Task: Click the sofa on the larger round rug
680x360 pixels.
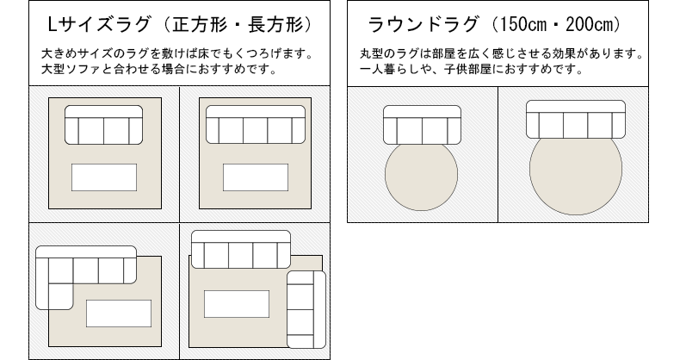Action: tap(574, 119)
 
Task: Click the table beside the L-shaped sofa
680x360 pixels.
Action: tap(118, 313)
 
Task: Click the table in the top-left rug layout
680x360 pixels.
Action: tap(103, 177)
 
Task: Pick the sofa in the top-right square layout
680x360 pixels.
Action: tap(255, 126)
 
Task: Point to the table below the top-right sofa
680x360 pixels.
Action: tap(255, 177)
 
